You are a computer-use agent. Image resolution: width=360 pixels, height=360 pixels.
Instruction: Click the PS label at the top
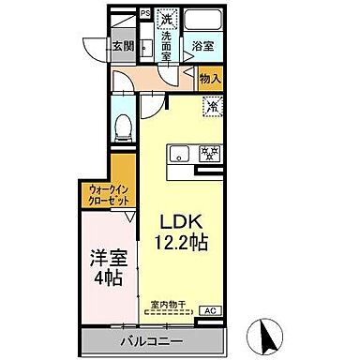[x=145, y=14]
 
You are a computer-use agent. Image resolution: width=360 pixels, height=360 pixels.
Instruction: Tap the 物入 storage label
[x=210, y=82]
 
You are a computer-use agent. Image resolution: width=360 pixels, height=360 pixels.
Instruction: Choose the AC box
[x=210, y=311]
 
